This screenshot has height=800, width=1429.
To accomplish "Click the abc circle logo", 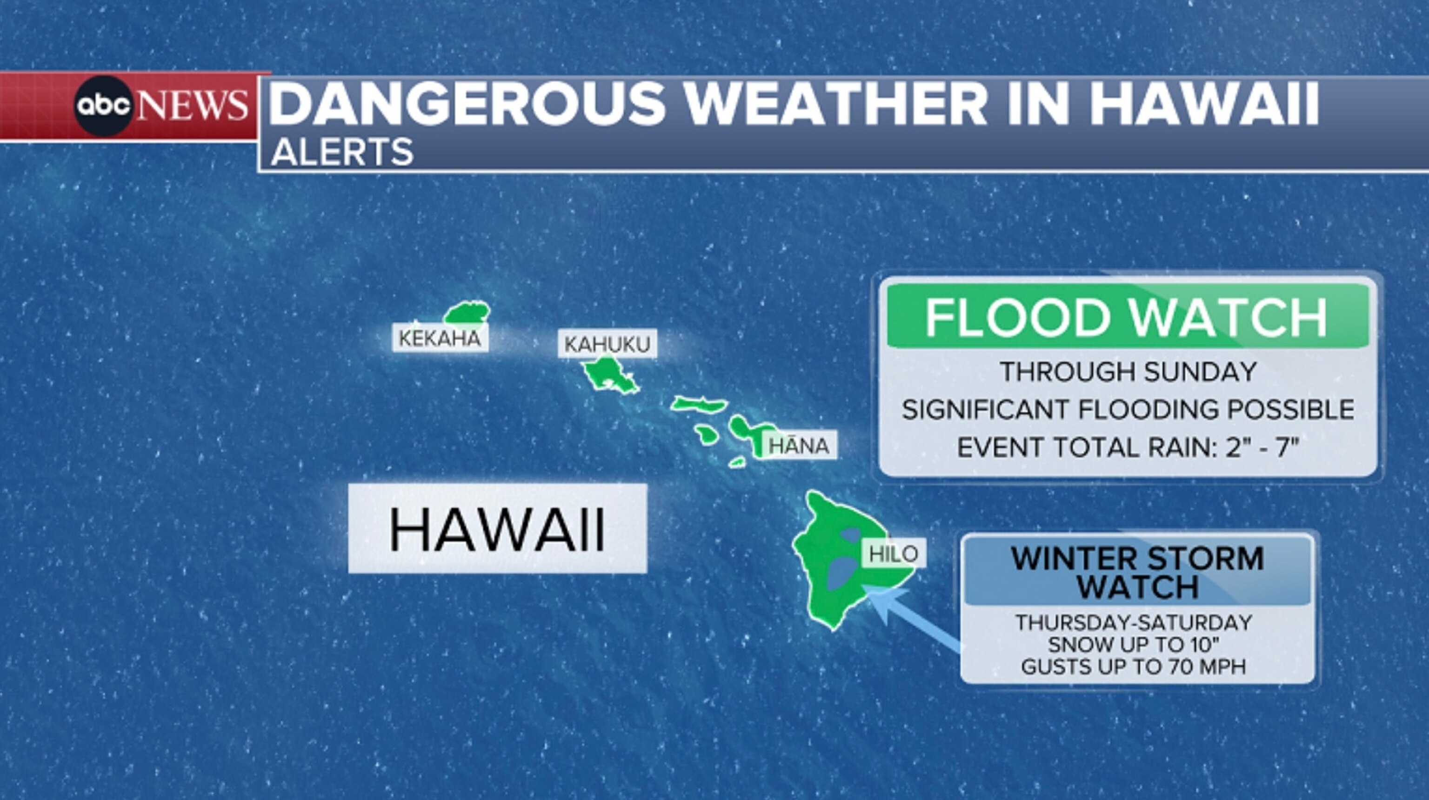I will [103, 106].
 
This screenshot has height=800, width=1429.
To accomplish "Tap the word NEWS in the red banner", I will [193, 106].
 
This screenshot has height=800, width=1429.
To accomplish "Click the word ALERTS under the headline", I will [342, 152].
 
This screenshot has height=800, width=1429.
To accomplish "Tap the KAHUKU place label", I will [607, 345].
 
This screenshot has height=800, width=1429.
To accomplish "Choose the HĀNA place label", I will [799, 446].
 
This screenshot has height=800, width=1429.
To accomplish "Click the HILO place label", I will [893, 553].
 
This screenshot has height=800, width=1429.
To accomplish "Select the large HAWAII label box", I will [497, 529].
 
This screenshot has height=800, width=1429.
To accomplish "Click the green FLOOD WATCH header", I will [1126, 317].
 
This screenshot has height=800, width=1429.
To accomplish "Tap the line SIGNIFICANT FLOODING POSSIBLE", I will [1128, 410].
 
